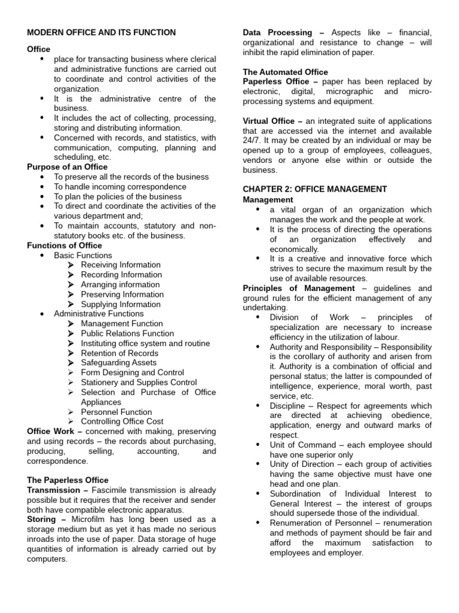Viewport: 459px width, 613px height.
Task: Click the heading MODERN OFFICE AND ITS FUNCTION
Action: tap(102, 32)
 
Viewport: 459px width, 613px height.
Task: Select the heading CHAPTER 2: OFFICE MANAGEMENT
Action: tap(315, 189)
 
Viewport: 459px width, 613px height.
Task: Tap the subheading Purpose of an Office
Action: tap(68, 167)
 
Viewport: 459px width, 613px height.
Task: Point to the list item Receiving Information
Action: tap(121, 265)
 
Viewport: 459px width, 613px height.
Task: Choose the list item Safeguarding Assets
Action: tap(119, 363)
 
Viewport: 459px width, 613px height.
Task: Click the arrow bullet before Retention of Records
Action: tap(71, 353)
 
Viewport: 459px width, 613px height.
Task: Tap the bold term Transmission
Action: tap(53, 490)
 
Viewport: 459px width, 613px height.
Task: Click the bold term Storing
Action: tap(42, 520)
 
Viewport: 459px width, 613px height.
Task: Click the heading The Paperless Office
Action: tap(68, 480)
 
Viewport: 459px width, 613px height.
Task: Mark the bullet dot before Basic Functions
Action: tap(42, 256)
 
